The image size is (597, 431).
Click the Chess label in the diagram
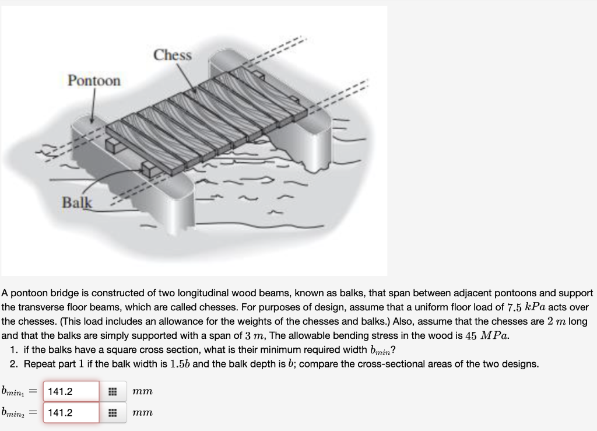[173, 55]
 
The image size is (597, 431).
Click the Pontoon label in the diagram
[94, 80]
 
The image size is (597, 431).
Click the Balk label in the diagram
[78, 202]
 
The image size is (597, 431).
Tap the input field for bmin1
[71, 391]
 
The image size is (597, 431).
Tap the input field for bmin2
[71, 413]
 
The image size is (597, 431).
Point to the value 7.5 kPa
[526, 307]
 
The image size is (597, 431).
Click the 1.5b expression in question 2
[179, 364]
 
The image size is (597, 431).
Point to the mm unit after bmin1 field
[142, 391]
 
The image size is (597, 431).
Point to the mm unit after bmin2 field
[142, 413]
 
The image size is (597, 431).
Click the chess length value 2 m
[562, 321]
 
